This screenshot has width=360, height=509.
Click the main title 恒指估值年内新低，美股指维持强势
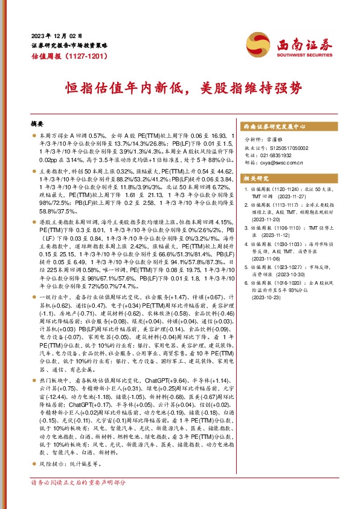click(179, 89)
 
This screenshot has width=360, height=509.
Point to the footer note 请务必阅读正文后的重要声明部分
click(79, 483)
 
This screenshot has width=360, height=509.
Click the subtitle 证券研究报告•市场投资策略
click(69, 45)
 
